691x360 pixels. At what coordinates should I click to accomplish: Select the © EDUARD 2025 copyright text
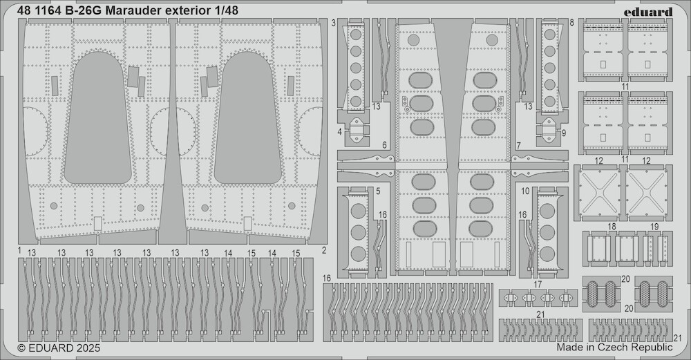coord(59,348)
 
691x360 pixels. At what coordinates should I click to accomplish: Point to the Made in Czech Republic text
coord(615,347)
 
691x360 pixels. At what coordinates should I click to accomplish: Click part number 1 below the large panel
coord(20,250)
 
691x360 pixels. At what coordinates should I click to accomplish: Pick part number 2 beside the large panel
coord(324,250)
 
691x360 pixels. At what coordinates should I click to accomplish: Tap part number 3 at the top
coord(334,23)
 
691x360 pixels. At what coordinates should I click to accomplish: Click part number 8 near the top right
coord(571,23)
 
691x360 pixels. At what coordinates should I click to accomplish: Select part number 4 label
coord(340,131)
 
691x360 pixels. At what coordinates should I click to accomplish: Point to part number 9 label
coord(564,132)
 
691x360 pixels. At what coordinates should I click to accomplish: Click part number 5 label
coord(378,191)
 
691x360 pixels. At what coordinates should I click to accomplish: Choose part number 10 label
coord(525,191)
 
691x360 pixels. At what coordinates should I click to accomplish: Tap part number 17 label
coord(537,285)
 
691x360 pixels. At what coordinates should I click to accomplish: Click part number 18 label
coord(612,227)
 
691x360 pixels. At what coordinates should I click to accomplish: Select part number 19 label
coord(654,227)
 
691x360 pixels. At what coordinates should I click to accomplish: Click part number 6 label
coord(384,145)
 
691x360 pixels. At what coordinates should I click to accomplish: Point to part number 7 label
coord(518,145)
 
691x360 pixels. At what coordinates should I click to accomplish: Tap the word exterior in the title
coord(189,10)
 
